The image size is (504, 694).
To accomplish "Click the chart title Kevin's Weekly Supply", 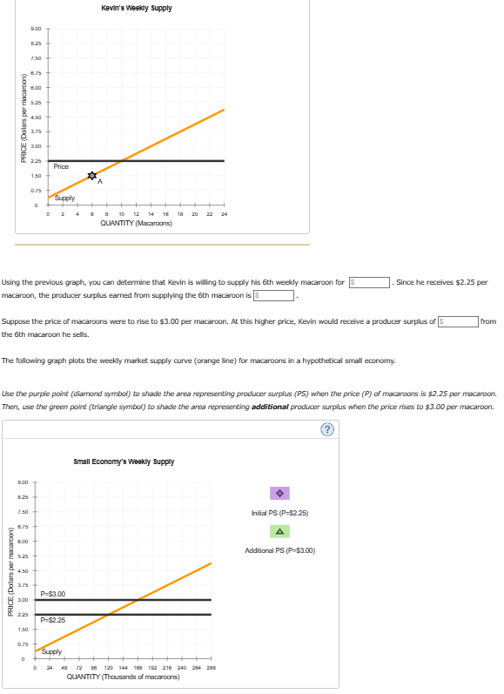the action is click(136, 8).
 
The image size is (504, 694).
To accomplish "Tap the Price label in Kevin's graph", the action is click(61, 166).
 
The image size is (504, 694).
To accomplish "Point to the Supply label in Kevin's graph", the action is click(64, 199).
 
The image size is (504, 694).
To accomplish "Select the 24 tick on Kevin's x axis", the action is click(225, 215).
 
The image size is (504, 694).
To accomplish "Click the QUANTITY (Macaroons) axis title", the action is click(136, 224).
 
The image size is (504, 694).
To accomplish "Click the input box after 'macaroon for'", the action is click(368, 282).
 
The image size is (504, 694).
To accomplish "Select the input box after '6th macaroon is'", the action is click(276, 296).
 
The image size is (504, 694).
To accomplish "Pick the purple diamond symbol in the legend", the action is click(281, 494).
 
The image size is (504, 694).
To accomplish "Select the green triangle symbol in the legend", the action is click(281, 531).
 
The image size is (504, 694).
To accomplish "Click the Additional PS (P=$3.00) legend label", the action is click(281, 550).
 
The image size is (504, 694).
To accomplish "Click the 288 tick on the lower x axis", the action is click(210, 668).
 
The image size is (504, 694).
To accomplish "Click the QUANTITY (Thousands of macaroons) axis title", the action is click(124, 676).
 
